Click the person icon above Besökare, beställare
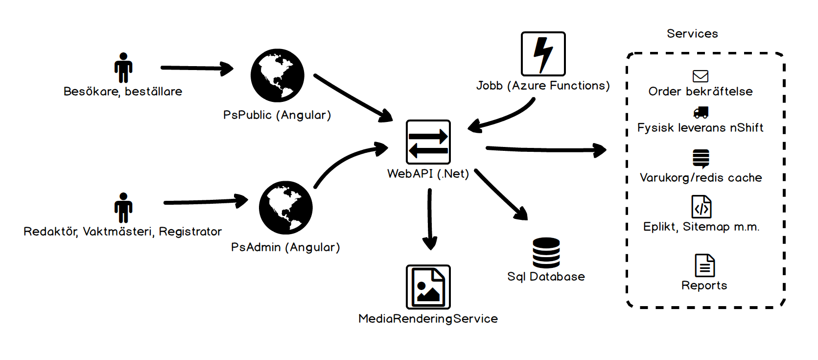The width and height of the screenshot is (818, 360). click(x=123, y=68)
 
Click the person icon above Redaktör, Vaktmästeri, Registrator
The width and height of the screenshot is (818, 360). click(x=123, y=208)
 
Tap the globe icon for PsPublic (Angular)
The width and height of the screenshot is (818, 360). click(x=278, y=75)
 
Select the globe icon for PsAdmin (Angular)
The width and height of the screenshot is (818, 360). click(x=286, y=208)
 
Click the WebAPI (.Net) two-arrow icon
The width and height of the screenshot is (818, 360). click(x=428, y=142)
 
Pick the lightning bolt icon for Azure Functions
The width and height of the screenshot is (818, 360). click(x=543, y=54)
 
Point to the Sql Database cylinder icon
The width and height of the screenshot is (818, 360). click(x=546, y=253)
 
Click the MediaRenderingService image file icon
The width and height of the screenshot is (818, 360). click(x=428, y=287)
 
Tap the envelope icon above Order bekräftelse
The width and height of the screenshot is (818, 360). click(x=701, y=76)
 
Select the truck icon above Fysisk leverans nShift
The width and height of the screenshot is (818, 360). click(x=701, y=113)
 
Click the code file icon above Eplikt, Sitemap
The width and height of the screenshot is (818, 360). click(x=701, y=207)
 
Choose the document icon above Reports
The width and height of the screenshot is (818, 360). click(x=705, y=265)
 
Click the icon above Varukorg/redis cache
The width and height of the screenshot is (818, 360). click(x=701, y=159)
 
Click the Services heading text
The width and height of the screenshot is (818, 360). click(x=692, y=34)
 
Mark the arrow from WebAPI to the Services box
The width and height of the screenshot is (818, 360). click(x=546, y=149)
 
